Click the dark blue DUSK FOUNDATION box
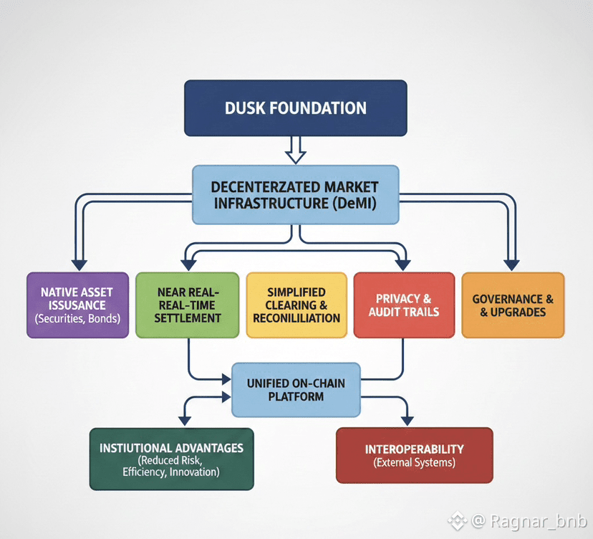coord(295,108)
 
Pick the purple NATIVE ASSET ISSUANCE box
coord(77,305)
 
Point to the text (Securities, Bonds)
coord(77,318)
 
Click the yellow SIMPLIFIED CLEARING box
coord(296,305)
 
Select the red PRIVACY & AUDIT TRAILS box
coord(404,305)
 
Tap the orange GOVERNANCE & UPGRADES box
coord(513,305)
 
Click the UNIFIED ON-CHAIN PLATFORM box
coord(296,390)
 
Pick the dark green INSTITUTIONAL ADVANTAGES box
coord(171,459)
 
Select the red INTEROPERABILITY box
coord(414,455)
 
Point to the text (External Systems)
coord(414,463)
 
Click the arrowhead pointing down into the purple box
coord(79,263)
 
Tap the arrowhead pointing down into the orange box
coord(511,263)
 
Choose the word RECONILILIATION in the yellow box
coord(296,318)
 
